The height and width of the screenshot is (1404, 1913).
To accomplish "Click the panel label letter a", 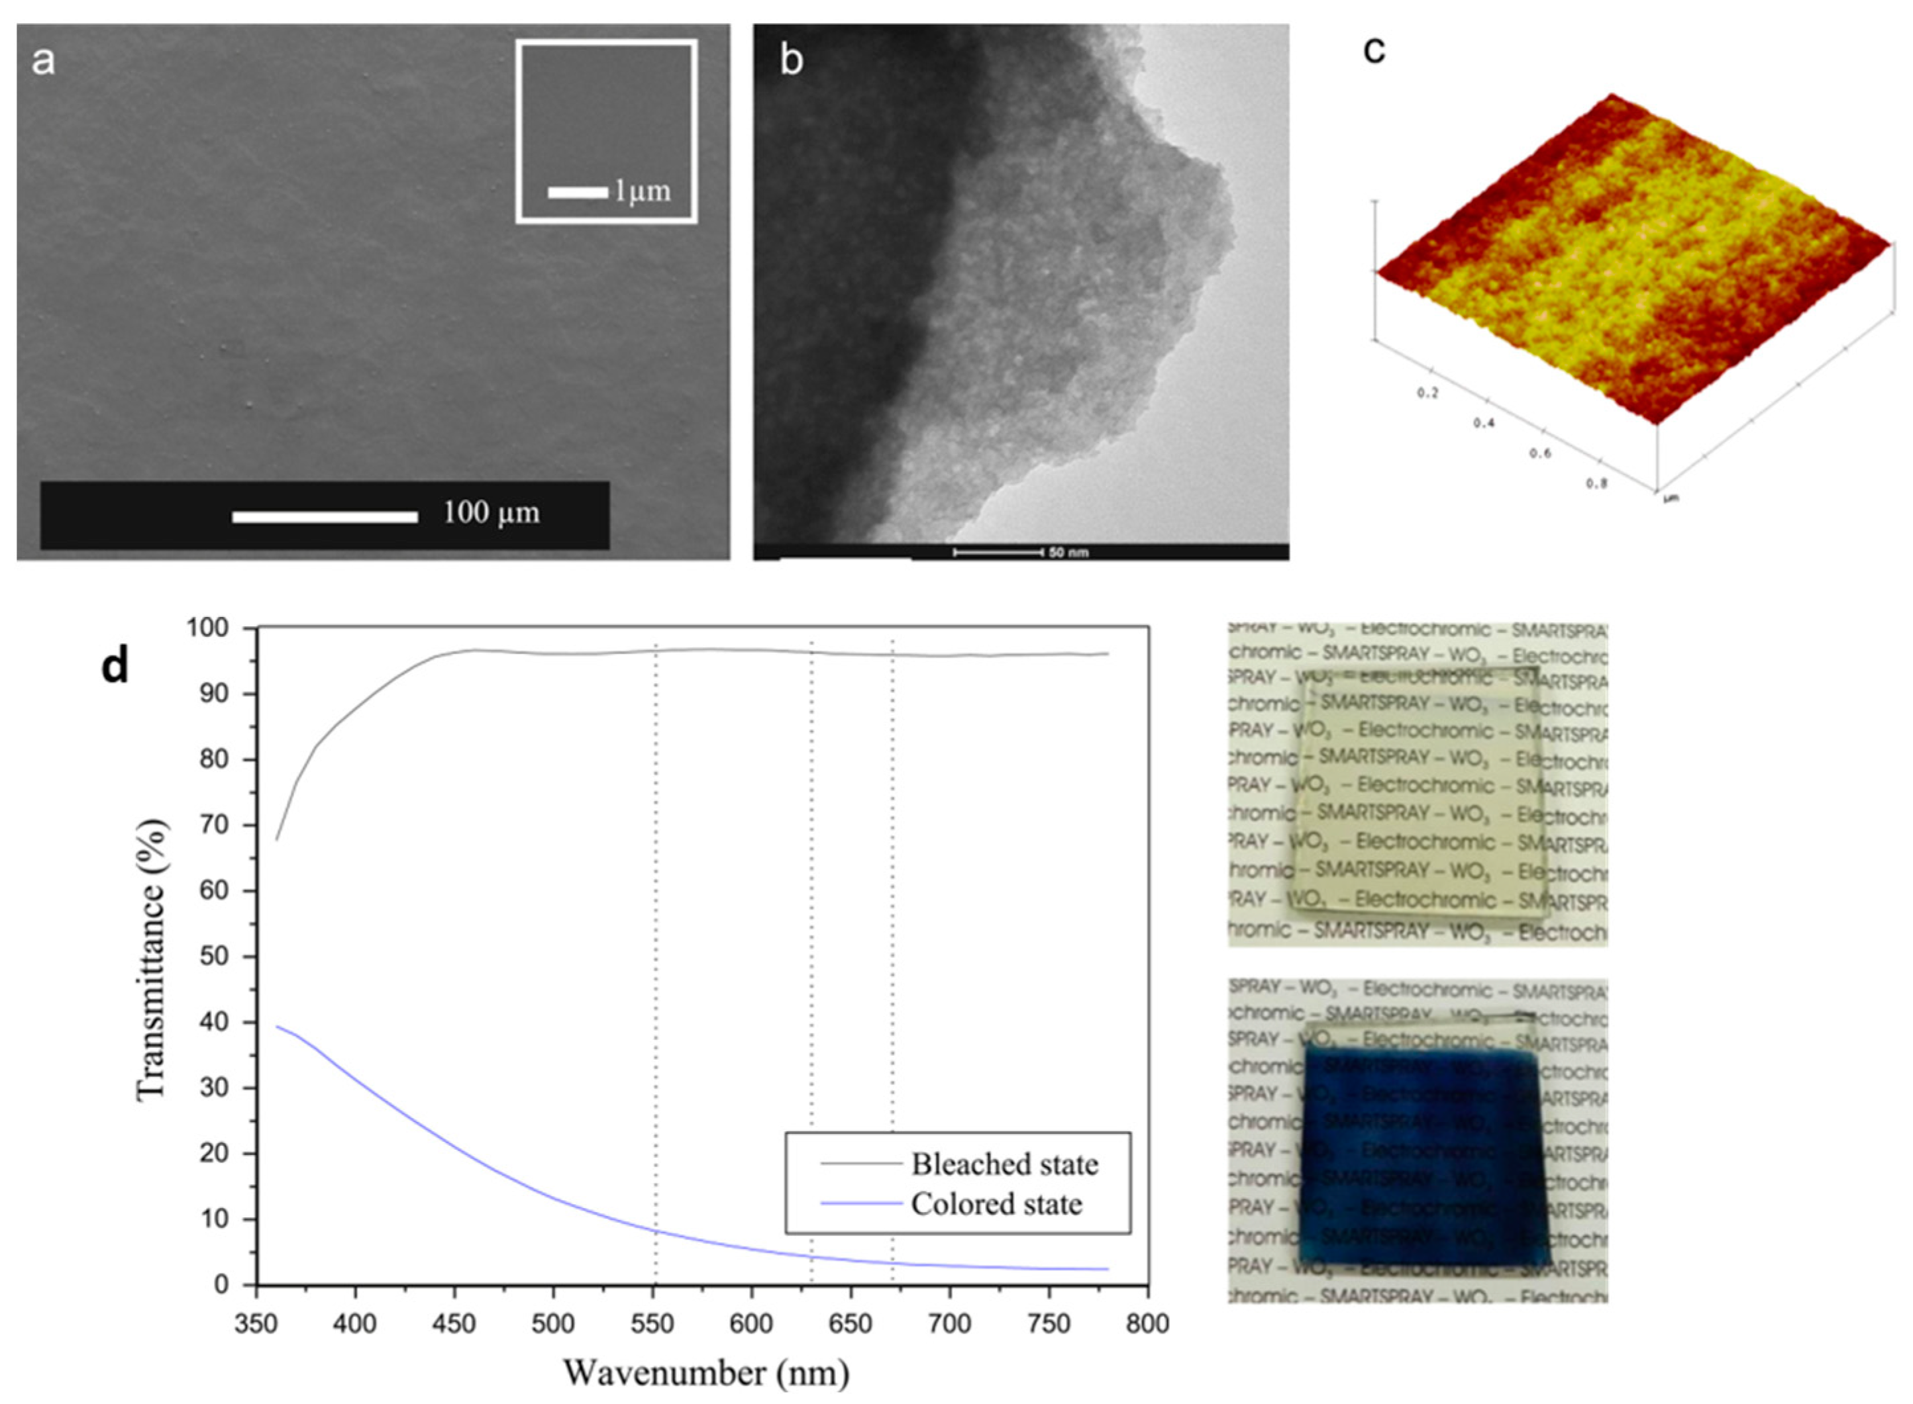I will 42,61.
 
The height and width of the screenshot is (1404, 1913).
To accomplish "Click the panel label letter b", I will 791,61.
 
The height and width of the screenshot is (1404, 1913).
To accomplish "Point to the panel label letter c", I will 1373,51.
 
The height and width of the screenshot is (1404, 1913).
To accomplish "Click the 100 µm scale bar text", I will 491,513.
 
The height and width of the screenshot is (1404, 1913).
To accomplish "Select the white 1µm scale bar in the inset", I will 578,192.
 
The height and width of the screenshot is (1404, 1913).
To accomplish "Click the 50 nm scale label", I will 1068,553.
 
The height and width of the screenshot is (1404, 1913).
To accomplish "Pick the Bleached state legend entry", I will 1004,1164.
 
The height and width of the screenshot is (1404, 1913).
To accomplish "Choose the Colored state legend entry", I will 996,1203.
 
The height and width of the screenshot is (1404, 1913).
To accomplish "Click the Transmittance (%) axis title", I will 151,960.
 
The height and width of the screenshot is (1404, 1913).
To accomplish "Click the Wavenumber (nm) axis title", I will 705,1372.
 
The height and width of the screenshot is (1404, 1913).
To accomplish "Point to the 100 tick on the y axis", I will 208,628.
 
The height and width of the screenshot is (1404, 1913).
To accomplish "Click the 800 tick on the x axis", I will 1148,1324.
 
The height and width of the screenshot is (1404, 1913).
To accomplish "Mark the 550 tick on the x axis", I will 653,1324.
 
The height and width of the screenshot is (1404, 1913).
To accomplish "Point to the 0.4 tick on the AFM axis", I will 1484,423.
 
